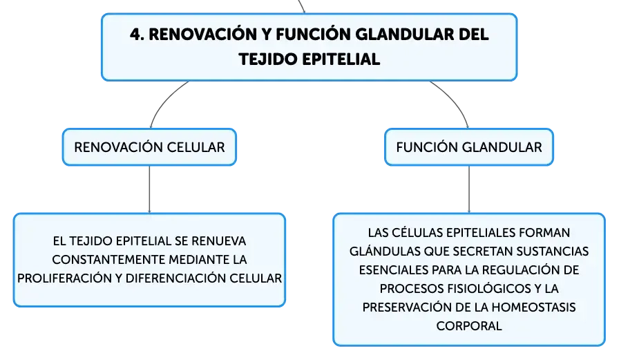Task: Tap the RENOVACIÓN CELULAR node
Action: coord(149,147)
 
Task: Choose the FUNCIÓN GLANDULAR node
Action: coord(469,147)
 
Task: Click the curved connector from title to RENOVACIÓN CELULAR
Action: coord(164,101)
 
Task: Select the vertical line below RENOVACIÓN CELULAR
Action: coord(149,189)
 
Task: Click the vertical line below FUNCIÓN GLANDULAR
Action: coord(469,189)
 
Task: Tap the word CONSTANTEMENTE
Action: coord(108,260)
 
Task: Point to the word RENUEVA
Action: coord(219,241)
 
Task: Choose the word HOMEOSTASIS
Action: coord(534,307)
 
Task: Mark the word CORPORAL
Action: coord(469,326)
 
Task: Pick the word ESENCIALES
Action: coord(394,270)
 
